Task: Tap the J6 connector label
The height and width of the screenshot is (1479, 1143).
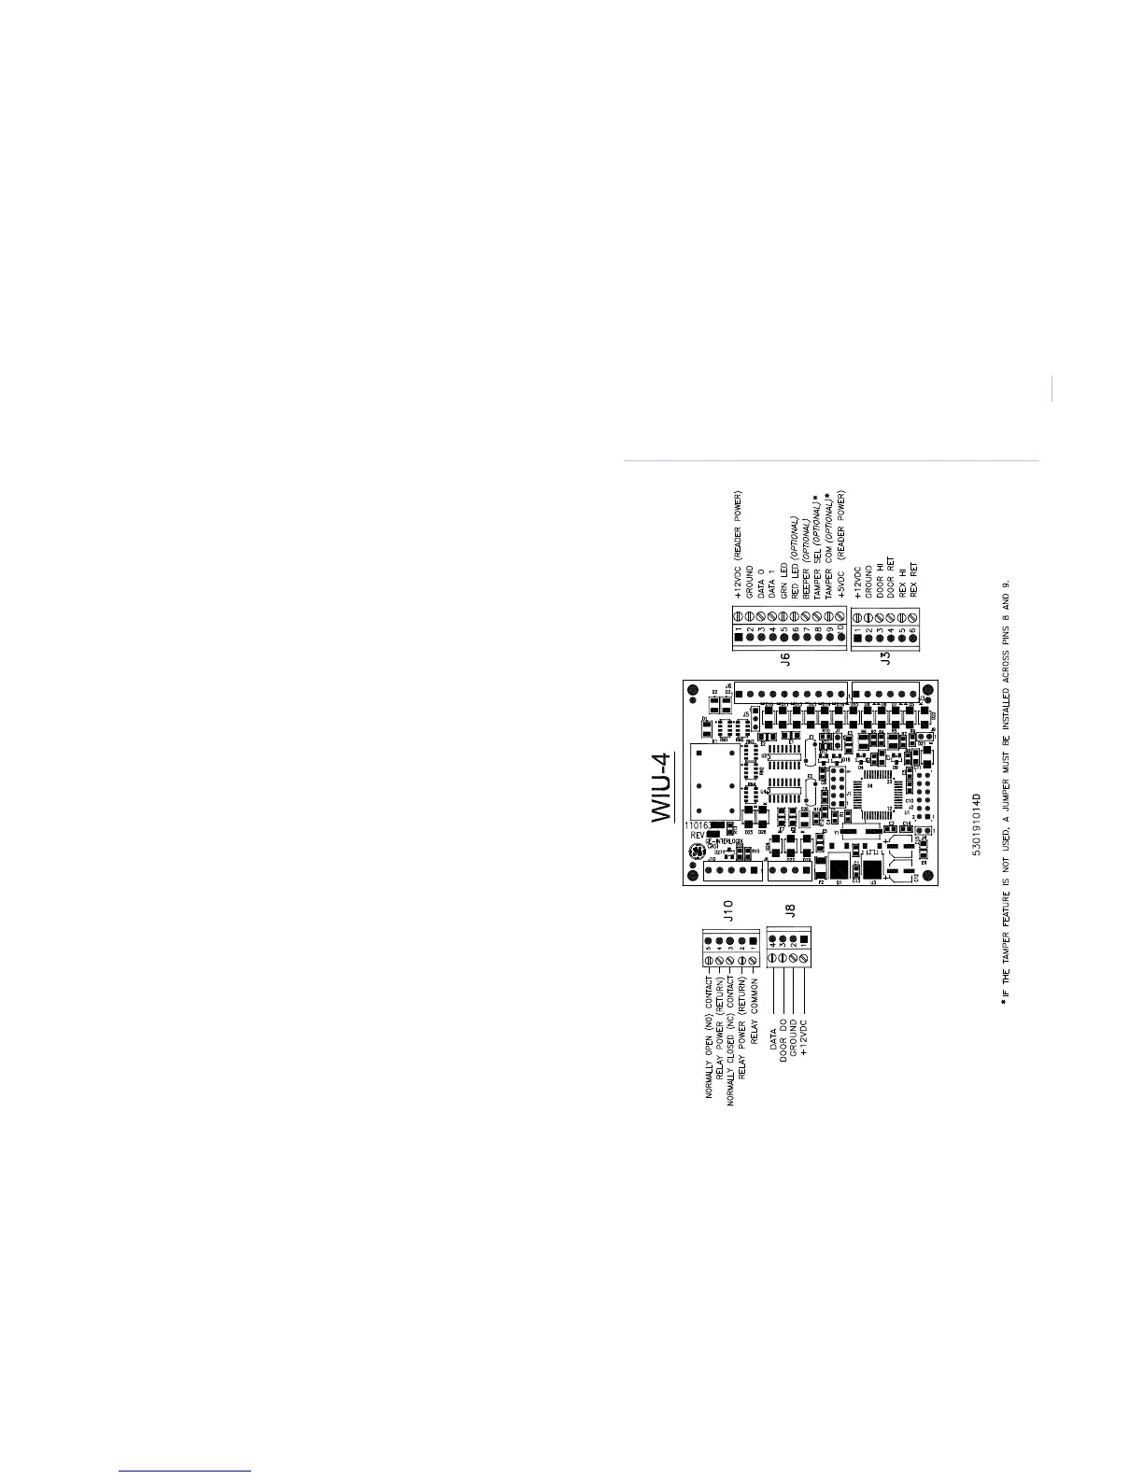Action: point(784,658)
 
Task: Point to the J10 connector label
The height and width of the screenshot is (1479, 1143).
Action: point(728,909)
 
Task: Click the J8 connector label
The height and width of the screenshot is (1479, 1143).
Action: point(789,909)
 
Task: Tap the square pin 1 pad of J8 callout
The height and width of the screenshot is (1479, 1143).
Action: point(805,939)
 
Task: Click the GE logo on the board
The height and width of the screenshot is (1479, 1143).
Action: point(696,852)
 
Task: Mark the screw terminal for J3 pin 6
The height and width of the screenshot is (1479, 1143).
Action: point(913,617)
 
